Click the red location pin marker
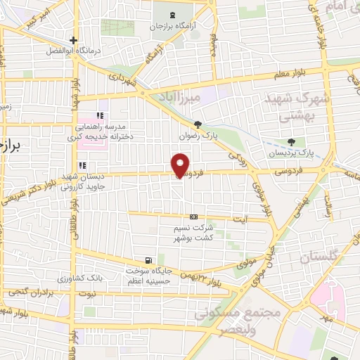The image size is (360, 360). click(181, 165)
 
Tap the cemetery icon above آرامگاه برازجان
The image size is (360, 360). click(174, 15)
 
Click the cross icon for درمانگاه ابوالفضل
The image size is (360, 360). click(73, 40)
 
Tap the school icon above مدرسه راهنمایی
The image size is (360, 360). click(101, 116)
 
